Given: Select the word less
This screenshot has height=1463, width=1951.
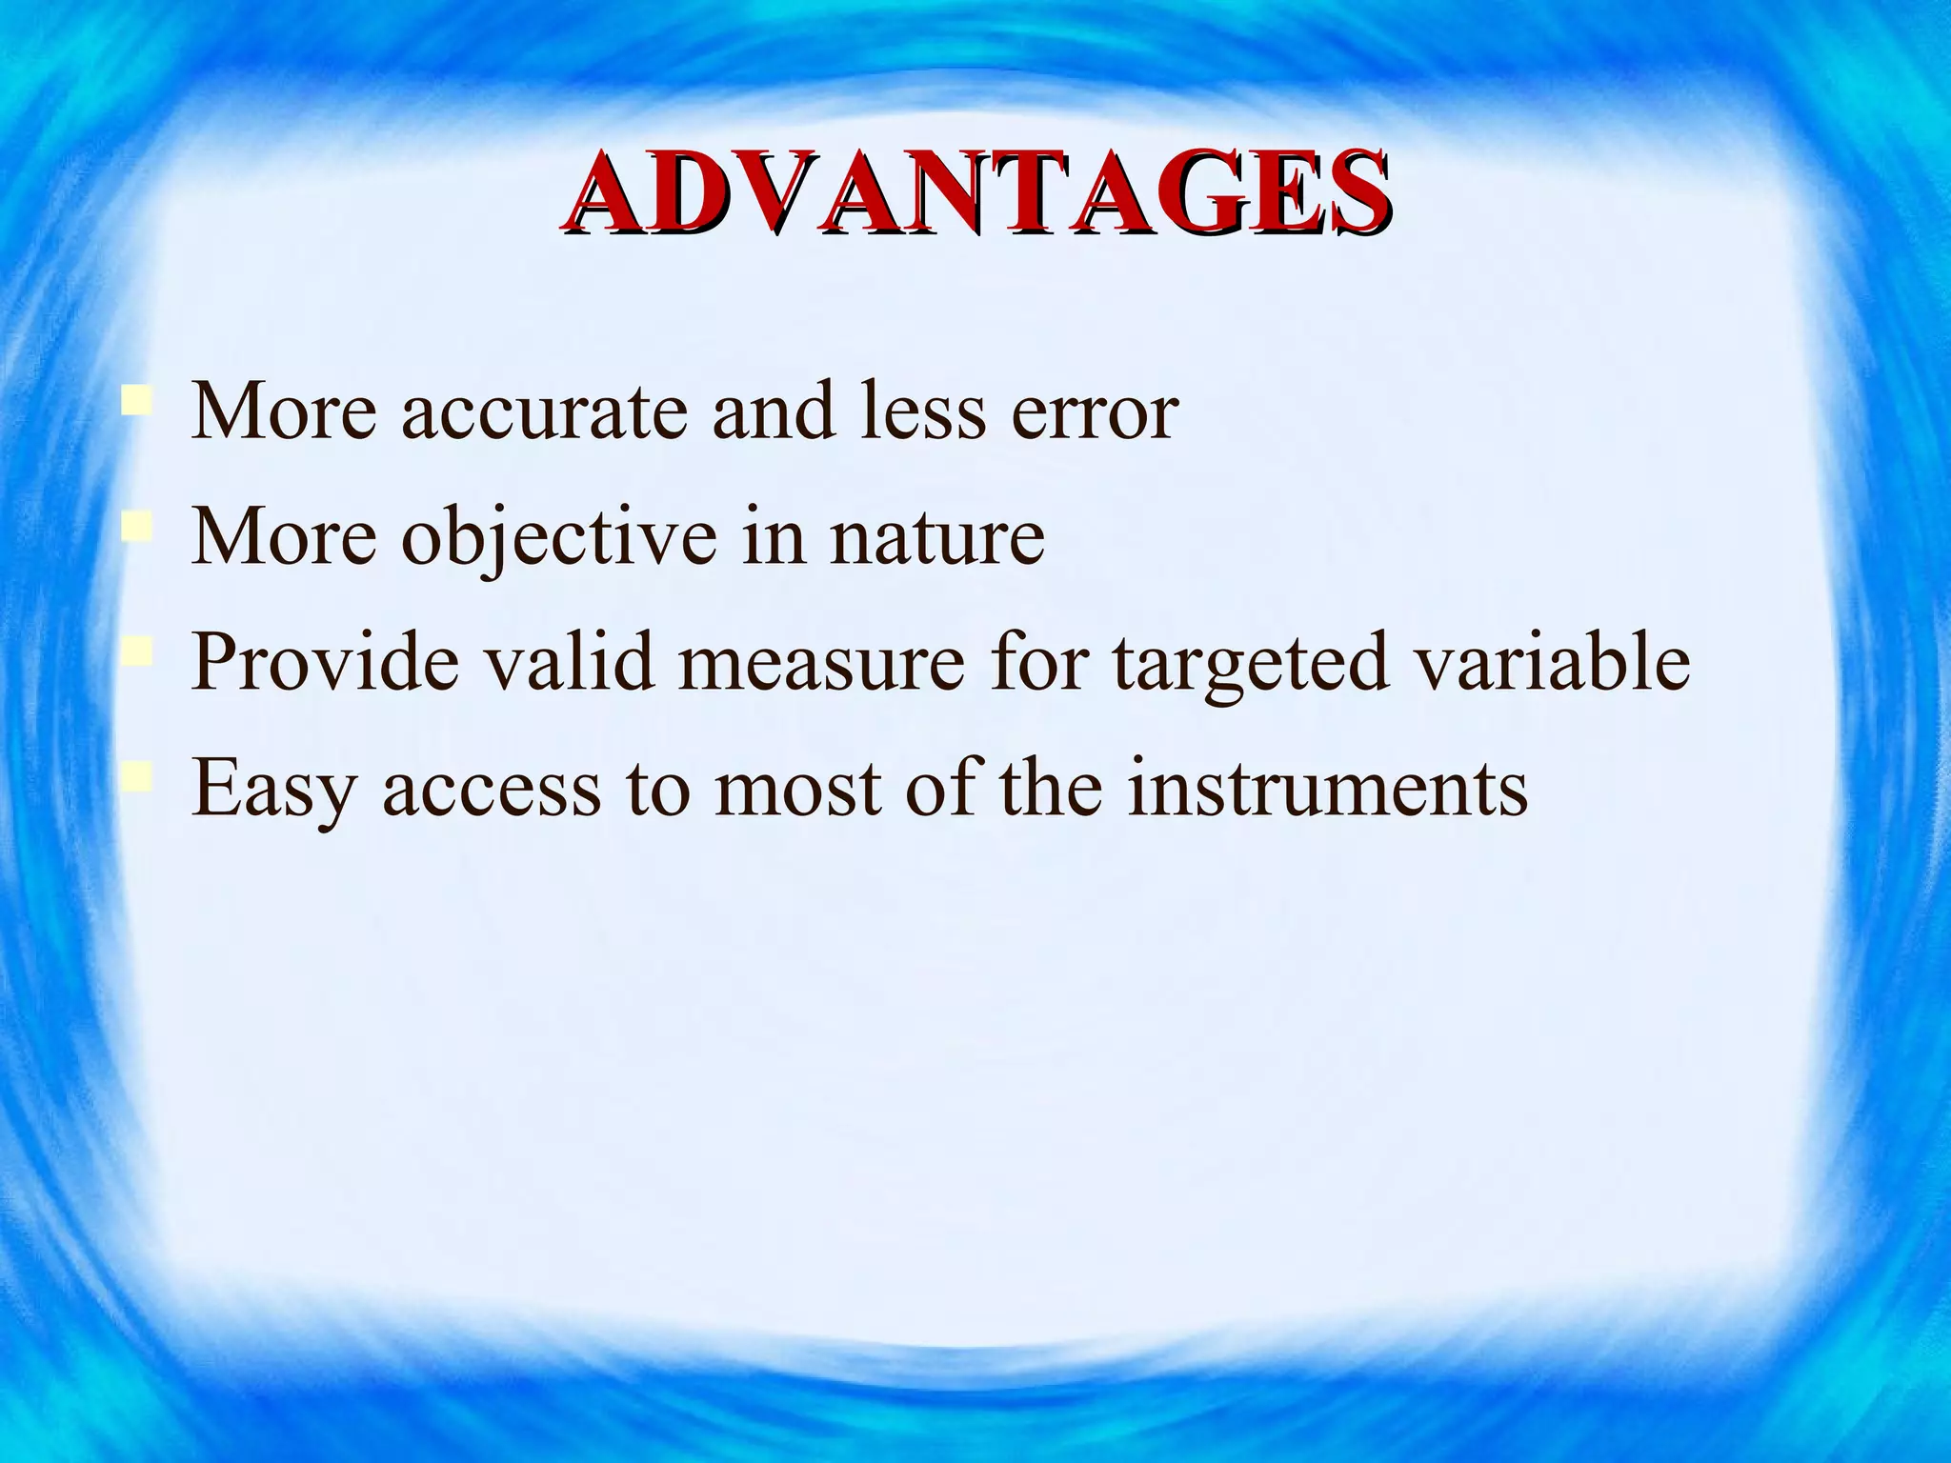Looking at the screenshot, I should pyautogui.click(x=923, y=412).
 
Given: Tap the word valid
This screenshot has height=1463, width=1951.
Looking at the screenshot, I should pyautogui.click(x=570, y=662).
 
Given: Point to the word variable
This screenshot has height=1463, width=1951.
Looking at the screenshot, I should pyautogui.click(x=1553, y=662).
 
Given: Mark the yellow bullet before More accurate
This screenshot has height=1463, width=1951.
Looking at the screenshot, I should pyautogui.click(x=136, y=399).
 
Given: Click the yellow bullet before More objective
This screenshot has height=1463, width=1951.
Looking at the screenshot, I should pyautogui.click(x=136, y=526).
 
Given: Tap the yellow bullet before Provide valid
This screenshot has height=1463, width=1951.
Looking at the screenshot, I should pyautogui.click(x=136, y=651).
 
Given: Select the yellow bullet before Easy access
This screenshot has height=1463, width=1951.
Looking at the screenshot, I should pyautogui.click(x=136, y=776).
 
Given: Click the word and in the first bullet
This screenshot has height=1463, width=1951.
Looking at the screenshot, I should pyautogui.click(x=773, y=412).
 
